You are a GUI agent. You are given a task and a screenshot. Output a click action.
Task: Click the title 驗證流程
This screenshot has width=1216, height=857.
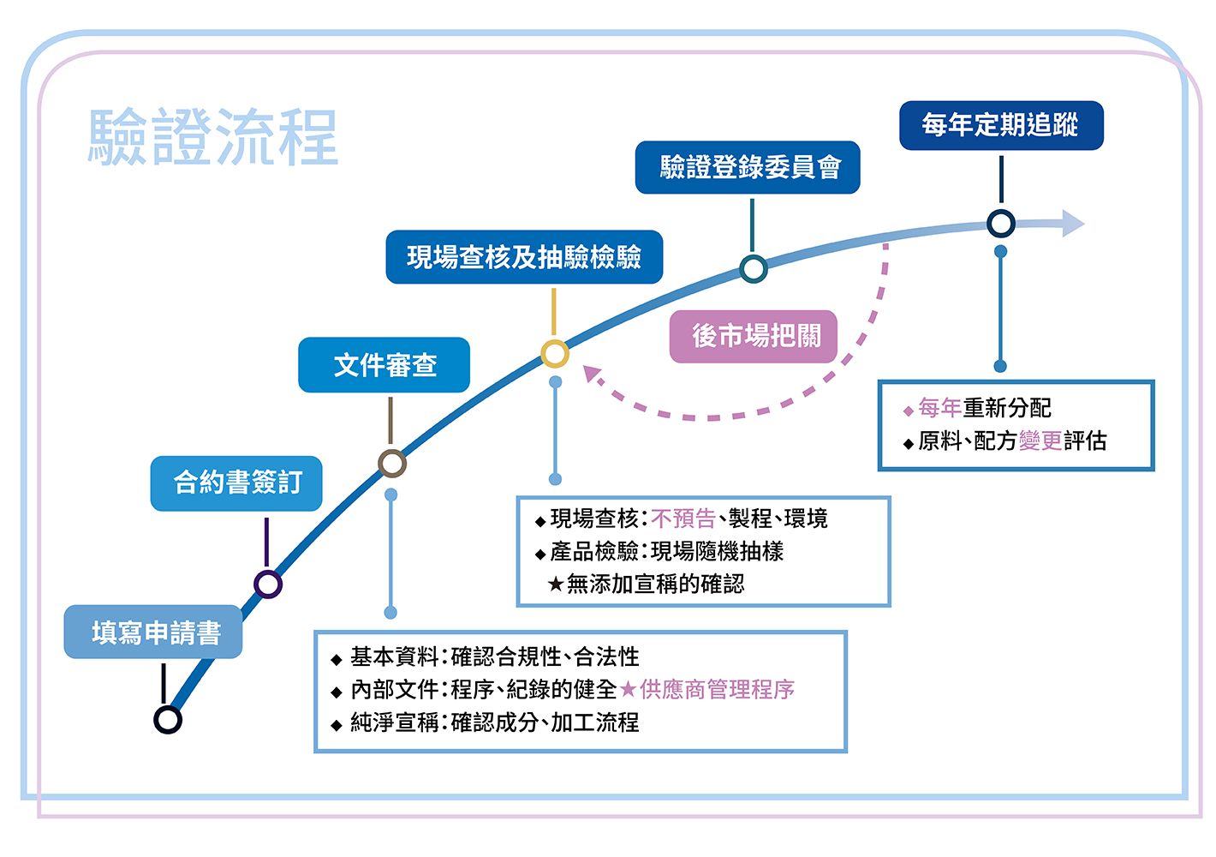[214, 137]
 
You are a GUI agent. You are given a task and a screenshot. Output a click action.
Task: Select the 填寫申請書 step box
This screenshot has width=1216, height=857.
[153, 632]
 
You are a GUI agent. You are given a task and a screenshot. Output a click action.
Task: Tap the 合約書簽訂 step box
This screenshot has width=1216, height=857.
[236, 483]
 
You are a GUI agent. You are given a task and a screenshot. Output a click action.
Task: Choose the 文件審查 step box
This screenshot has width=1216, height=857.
[384, 365]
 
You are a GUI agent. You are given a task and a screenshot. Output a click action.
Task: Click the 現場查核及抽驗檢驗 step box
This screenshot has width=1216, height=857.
[524, 257]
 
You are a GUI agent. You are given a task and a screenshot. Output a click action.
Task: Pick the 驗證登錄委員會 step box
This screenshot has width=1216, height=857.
[748, 167]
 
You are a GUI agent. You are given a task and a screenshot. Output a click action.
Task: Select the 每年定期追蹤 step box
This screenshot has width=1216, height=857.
[1000, 126]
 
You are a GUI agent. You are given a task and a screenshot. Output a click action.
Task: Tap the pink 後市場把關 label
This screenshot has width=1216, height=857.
[754, 336]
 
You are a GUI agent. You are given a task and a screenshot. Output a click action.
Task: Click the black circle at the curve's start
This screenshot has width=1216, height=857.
[168, 719]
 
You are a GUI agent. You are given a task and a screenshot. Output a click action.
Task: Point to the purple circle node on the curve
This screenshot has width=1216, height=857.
[268, 584]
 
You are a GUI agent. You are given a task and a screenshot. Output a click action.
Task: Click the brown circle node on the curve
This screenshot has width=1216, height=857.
[392, 464]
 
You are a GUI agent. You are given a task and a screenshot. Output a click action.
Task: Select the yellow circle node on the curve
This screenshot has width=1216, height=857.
[555, 353]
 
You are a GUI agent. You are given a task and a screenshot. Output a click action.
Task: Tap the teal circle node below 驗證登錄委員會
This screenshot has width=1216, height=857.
[753, 269]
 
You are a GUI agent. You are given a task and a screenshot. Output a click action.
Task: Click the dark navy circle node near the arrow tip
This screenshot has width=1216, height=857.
[1000, 224]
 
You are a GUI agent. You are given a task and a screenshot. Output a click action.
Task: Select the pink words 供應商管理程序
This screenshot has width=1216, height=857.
[718, 689]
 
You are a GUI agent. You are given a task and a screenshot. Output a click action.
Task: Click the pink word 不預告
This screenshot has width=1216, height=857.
[683, 518]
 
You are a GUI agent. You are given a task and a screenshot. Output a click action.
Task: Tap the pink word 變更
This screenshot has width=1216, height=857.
[1040, 440]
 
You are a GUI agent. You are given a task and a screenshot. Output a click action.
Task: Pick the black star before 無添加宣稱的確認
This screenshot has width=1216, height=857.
[556, 584]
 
